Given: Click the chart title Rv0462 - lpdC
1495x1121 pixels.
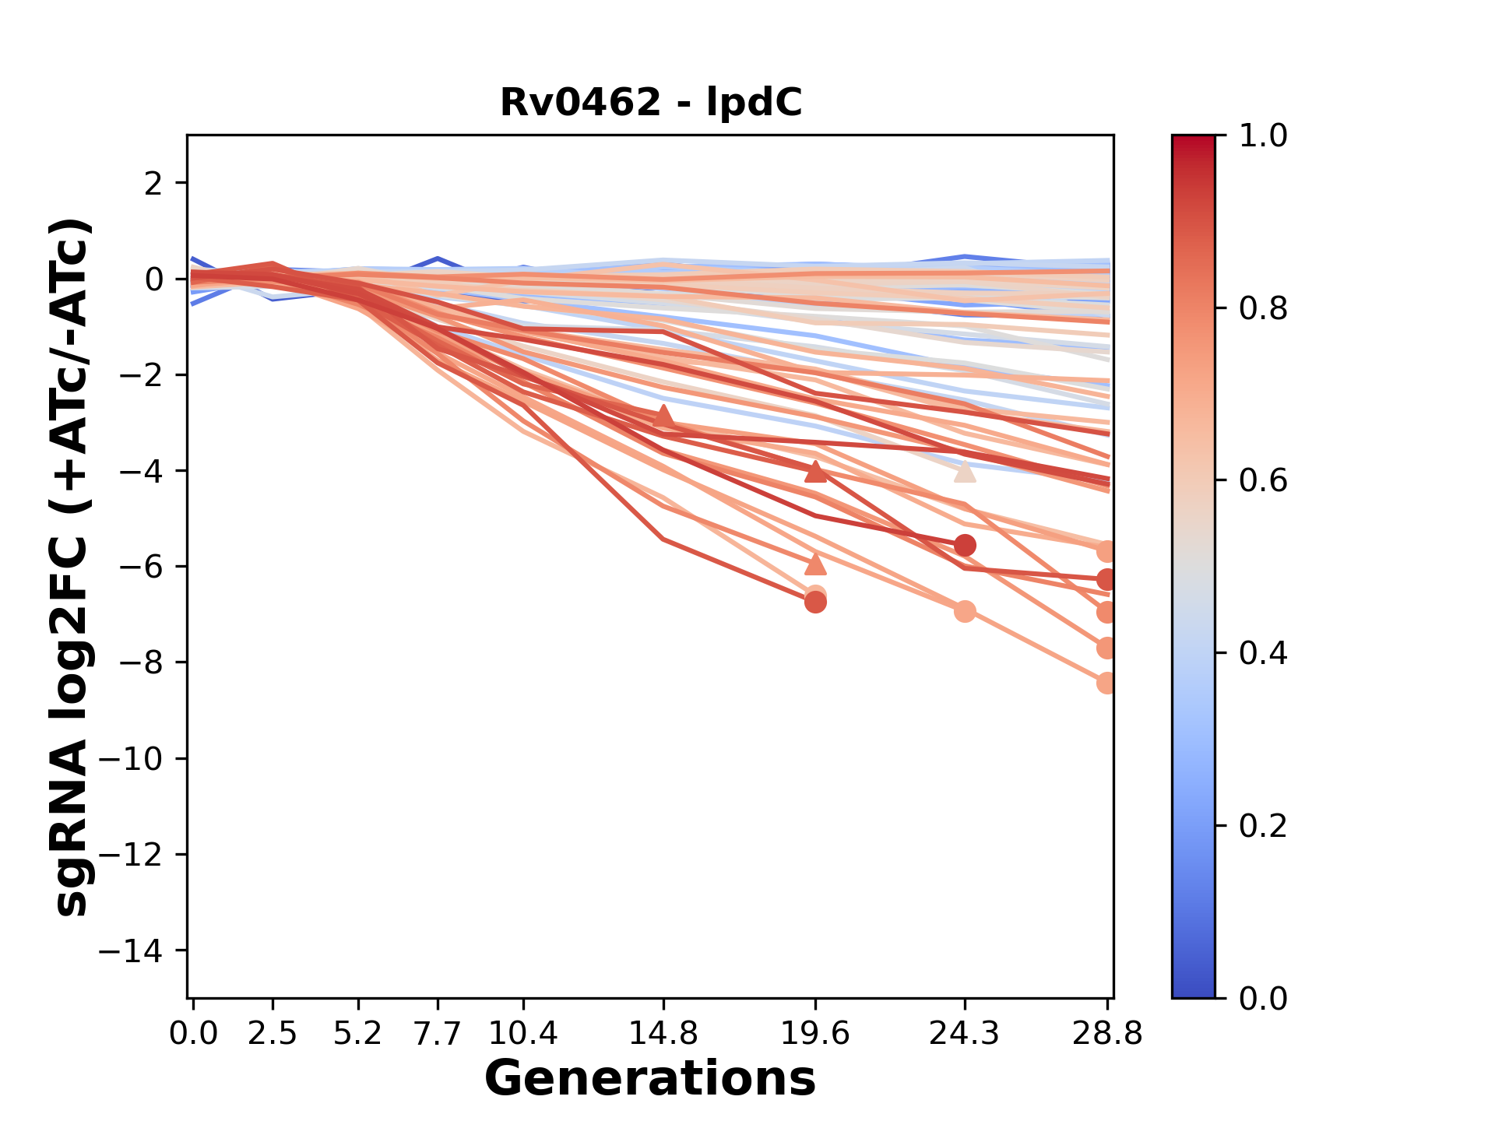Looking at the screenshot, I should (x=650, y=103).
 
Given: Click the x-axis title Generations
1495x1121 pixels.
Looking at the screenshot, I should (x=650, y=1079).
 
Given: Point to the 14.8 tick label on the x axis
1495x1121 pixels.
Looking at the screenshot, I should (x=663, y=1034).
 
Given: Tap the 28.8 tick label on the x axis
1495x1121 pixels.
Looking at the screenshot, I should (x=1107, y=1034).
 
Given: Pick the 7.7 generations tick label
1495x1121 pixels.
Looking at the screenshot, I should (x=438, y=1034).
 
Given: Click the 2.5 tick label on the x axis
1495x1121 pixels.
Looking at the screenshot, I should (x=273, y=1034).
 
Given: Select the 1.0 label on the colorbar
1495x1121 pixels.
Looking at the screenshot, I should (x=1263, y=136).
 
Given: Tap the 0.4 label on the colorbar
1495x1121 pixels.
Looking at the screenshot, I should (x=1263, y=653).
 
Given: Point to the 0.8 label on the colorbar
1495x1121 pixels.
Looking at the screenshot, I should (x=1263, y=309).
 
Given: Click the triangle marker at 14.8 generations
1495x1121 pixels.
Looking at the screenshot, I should (x=663, y=416).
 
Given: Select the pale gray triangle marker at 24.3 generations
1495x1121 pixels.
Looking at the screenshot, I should (x=965, y=472).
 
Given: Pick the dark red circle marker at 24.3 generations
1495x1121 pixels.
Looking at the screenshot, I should (x=965, y=546).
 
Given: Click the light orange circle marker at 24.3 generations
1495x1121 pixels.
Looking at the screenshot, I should (x=965, y=611).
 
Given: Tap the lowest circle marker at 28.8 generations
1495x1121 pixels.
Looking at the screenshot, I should (x=1106, y=683).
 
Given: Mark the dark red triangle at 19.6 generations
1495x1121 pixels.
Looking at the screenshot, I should (x=815, y=472).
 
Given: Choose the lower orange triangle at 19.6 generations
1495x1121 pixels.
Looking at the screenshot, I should (x=815, y=564).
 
